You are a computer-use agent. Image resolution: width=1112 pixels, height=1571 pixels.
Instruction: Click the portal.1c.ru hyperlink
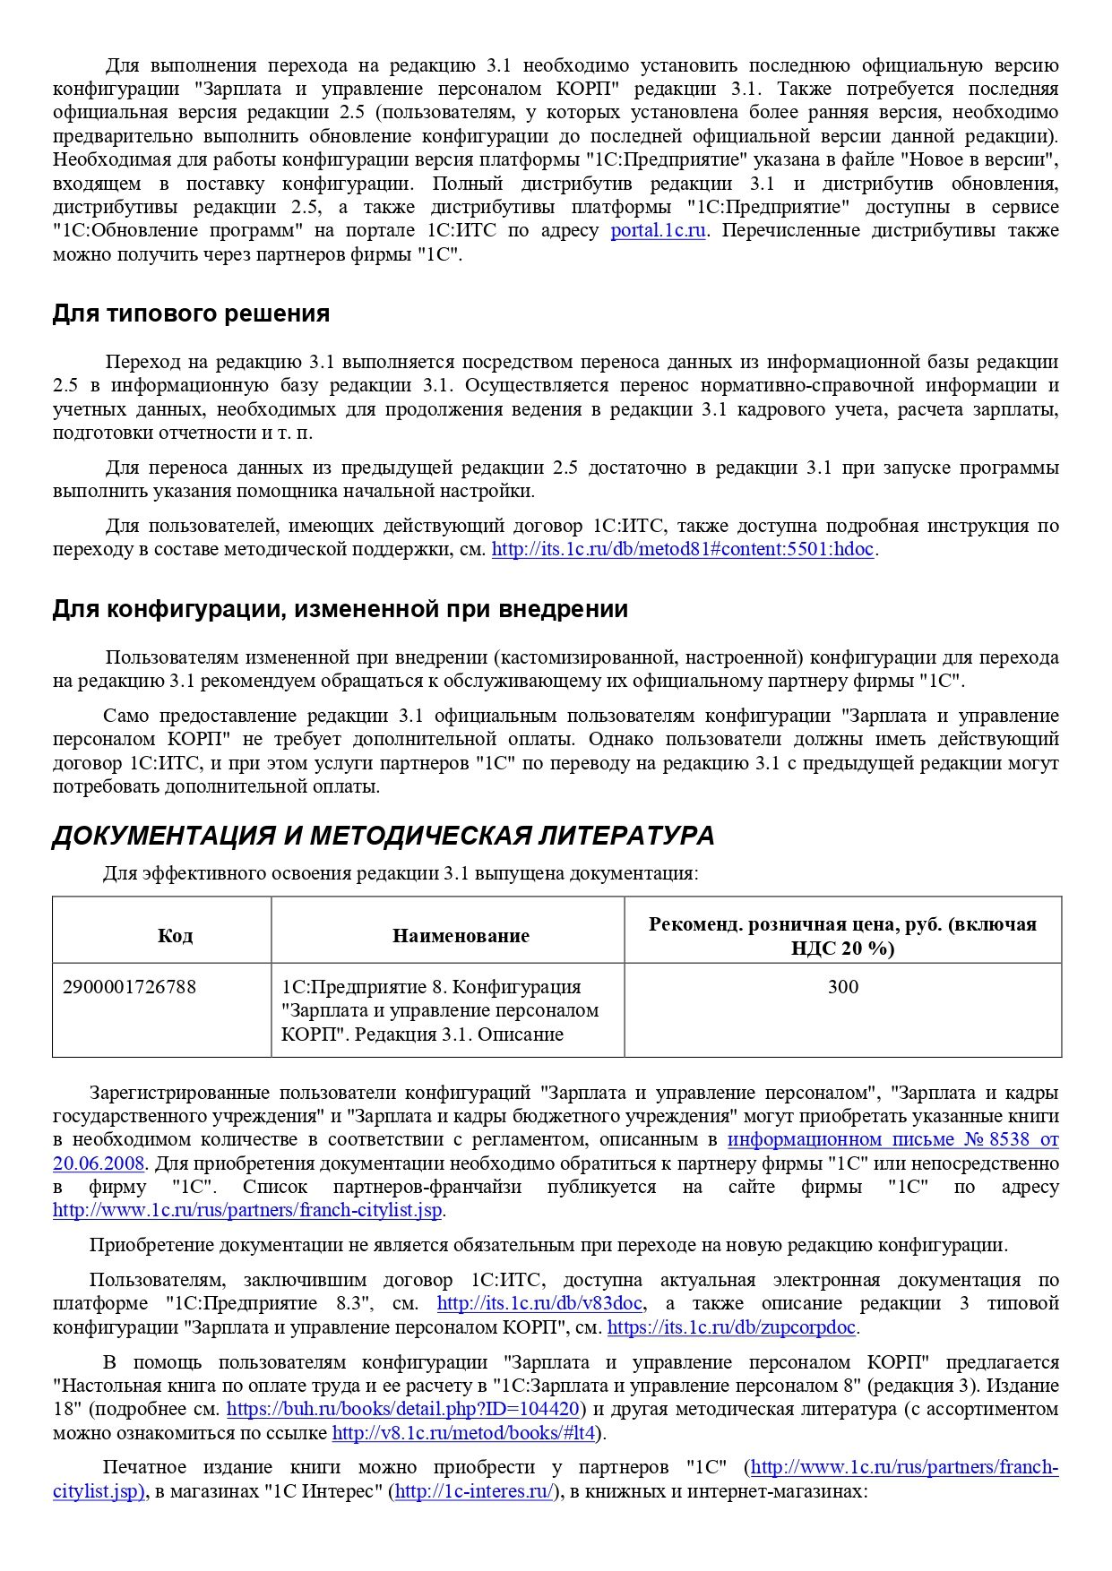658,230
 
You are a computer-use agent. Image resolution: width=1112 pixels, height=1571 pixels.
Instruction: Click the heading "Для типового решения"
191,313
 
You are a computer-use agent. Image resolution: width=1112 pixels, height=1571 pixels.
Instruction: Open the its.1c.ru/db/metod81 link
682,549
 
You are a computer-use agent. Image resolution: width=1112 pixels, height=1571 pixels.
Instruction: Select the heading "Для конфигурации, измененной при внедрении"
340,609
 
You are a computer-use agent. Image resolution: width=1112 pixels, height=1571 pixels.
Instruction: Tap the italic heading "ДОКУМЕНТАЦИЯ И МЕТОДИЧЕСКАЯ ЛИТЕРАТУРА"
383,836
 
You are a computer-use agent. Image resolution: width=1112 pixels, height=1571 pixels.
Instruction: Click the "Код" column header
175,935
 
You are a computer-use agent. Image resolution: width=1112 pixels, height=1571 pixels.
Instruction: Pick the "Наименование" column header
461,935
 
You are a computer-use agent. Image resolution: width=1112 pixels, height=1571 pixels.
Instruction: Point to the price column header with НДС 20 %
842,935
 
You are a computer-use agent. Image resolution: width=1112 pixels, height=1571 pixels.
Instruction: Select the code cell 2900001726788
129,987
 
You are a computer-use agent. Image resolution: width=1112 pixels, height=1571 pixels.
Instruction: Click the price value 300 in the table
842,987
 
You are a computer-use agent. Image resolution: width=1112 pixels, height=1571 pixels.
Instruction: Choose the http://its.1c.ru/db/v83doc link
540,1303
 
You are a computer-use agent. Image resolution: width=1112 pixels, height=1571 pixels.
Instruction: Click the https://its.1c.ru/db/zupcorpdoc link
731,1327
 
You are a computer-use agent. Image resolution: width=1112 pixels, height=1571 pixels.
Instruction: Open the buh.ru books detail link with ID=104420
402,1409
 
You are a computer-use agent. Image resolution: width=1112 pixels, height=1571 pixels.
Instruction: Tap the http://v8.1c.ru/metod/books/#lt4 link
463,1432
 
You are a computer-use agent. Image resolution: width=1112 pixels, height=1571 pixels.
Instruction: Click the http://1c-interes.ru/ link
475,1491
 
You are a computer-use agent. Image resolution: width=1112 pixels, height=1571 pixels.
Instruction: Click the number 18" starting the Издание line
67,1409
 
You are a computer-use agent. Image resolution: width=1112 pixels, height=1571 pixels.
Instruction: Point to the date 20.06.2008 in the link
99,1163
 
